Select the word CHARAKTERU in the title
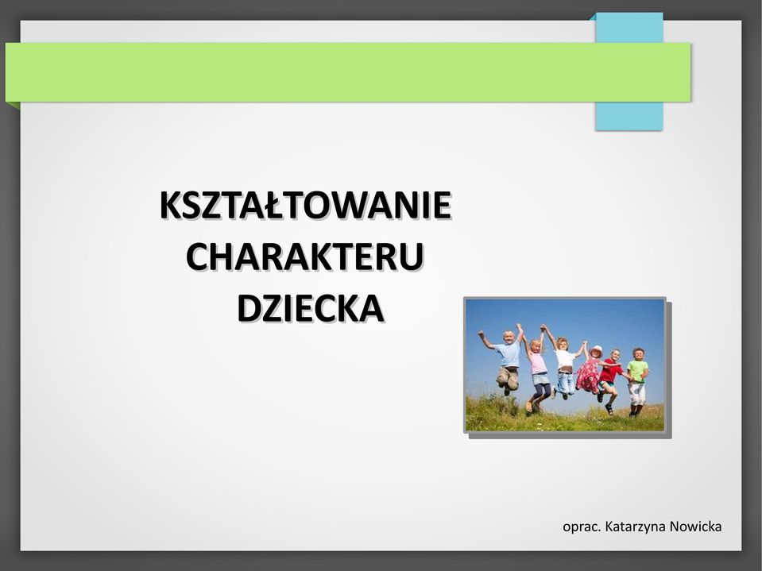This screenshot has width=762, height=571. [305, 257]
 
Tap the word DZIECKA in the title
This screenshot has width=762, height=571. [311, 308]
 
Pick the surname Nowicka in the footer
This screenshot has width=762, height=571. [695, 527]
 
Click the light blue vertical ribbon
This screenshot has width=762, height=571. [629, 71]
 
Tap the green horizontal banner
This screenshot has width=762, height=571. [348, 71]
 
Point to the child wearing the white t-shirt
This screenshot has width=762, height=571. [564, 367]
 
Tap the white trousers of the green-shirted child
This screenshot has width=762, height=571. [637, 393]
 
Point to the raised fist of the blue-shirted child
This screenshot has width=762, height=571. [481, 334]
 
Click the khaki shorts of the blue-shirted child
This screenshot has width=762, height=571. [508, 376]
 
